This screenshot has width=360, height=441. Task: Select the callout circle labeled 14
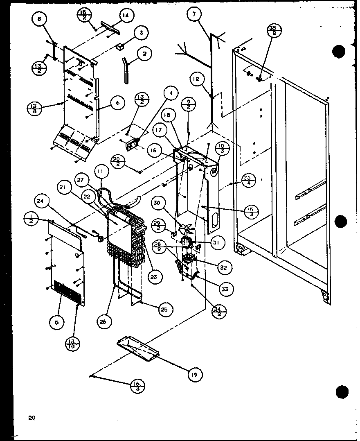(x=126, y=16)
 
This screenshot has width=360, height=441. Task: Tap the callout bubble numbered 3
(x=140, y=33)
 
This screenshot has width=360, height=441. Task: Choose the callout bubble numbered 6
(x=117, y=103)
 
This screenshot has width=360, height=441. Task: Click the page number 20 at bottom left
(x=32, y=418)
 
